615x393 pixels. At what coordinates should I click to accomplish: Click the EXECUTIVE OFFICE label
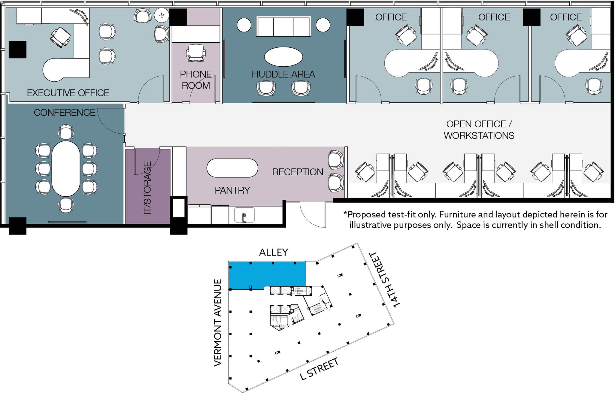pyautogui.click(x=68, y=93)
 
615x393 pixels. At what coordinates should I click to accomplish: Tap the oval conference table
pyautogui.click(x=66, y=169)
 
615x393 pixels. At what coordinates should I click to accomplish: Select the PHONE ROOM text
pyautogui.click(x=196, y=80)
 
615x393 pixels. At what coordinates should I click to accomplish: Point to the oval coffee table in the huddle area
pyautogui.click(x=283, y=56)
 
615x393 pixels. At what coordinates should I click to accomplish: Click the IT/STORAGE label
pyautogui.click(x=147, y=188)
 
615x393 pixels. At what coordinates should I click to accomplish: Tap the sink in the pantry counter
pyautogui.click(x=244, y=215)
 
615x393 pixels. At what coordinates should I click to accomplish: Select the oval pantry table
pyautogui.click(x=232, y=168)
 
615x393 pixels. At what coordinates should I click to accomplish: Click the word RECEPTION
pyautogui.click(x=298, y=172)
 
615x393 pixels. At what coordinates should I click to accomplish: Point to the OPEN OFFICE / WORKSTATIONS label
pyautogui.click(x=479, y=130)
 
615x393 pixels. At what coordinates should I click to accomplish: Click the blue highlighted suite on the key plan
pyautogui.click(x=267, y=275)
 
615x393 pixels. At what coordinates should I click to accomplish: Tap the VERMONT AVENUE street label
pyautogui.click(x=218, y=322)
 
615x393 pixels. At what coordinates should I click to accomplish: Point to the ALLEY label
pyautogui.click(x=274, y=252)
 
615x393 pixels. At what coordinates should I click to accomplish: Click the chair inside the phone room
pyautogui.click(x=196, y=53)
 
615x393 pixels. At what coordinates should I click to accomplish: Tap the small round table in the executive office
pyautogui.click(x=162, y=15)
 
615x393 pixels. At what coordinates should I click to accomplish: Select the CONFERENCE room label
pyautogui.click(x=65, y=113)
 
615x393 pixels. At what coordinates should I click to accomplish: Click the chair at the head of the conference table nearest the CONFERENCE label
pyautogui.click(x=66, y=132)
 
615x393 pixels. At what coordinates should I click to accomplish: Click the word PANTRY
pyautogui.click(x=232, y=190)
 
